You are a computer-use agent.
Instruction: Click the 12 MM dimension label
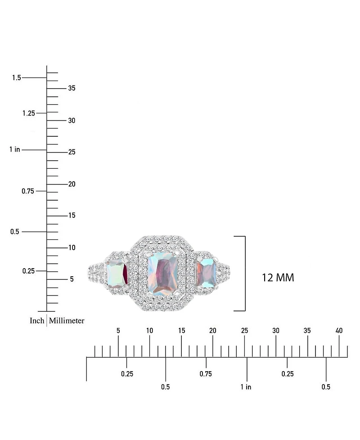(278, 278)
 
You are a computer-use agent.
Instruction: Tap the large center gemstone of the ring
(163, 274)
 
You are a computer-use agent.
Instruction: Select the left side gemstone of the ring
(117, 273)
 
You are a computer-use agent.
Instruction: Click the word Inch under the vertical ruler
(37, 320)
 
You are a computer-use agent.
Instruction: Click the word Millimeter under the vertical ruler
(67, 320)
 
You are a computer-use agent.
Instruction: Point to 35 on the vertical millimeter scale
(72, 88)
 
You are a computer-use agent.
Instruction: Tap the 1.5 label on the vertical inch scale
(17, 77)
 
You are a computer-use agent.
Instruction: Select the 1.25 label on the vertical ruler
(29, 113)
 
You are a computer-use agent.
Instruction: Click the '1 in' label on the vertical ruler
(15, 149)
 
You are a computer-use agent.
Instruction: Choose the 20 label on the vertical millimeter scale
(72, 184)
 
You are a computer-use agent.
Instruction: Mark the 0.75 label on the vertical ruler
(28, 191)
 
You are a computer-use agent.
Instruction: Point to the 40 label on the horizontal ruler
(339, 331)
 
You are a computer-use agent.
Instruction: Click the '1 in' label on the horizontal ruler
(246, 387)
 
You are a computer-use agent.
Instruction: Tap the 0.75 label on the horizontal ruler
(206, 374)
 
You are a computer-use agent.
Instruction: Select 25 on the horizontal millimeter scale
(244, 331)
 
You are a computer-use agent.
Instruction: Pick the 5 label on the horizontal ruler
(118, 331)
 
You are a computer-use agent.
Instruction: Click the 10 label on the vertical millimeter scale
(72, 247)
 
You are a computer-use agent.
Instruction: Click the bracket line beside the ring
(245, 274)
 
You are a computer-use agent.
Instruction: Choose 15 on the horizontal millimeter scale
(181, 331)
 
